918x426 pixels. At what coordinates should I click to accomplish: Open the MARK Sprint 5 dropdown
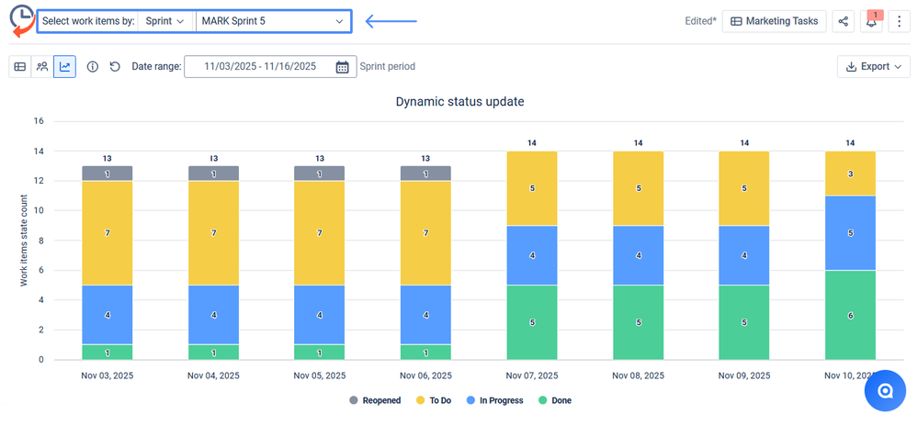coord(272,20)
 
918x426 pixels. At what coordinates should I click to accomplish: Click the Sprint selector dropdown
coord(165,20)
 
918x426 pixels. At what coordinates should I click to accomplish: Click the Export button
coord(873,66)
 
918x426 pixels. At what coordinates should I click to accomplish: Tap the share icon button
coord(844,21)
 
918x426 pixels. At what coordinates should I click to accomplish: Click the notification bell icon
coord(871,21)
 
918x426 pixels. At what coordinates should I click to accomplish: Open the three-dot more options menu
coord(899,21)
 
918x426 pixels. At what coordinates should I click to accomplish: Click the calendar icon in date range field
coord(342,66)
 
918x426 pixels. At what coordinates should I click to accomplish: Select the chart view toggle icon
coord(64,66)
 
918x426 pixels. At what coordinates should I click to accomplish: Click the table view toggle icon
coord(20,66)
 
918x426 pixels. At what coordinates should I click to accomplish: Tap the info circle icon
coord(93,66)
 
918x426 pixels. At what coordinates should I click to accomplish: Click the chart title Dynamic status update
coord(459,101)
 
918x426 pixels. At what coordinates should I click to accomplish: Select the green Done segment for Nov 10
coord(850,315)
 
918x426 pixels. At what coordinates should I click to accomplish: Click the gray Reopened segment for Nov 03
coord(108,174)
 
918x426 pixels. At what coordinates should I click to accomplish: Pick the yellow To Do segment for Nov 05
coord(320,233)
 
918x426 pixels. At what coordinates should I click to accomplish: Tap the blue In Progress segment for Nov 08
coord(638,255)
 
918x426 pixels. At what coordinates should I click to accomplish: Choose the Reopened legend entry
coord(374,400)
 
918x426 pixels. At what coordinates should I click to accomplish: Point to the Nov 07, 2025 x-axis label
coord(532,376)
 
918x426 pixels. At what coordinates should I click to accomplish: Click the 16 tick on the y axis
coord(39,120)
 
